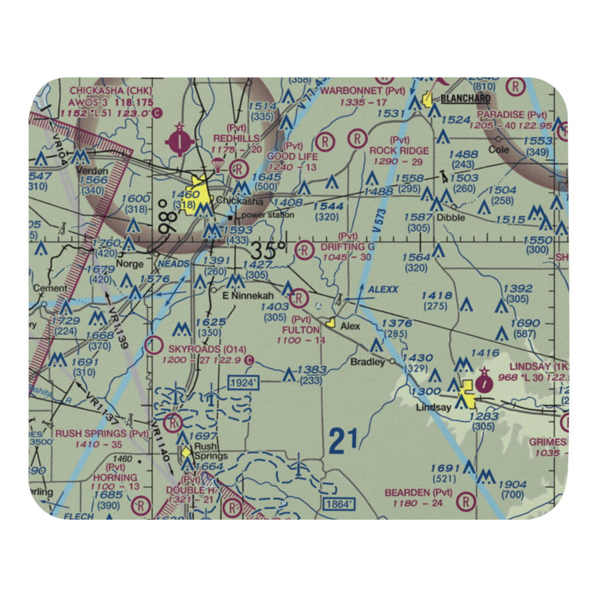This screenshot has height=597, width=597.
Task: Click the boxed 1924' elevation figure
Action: [242, 382]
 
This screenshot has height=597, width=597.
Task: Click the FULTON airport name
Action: [301, 330]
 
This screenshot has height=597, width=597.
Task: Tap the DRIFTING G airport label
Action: [347, 247]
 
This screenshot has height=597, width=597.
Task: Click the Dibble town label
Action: [450, 217]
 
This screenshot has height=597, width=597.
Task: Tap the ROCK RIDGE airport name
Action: [399, 150]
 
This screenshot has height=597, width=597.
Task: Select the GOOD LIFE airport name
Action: [293, 156]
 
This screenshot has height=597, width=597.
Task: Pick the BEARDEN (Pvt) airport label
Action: [418, 493]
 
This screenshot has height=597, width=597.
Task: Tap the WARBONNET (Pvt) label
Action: [362, 91]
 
